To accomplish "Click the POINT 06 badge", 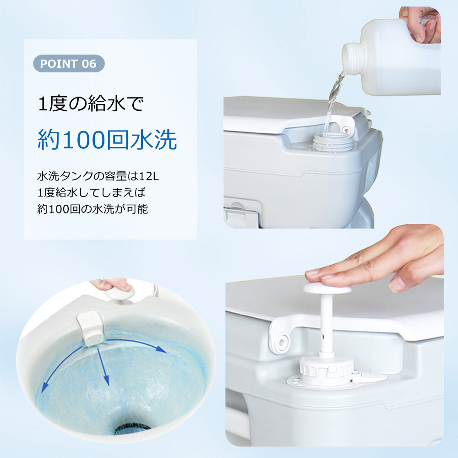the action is pos(69,63).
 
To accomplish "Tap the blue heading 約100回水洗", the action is pos(107,140).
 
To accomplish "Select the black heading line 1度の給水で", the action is pos(91,104).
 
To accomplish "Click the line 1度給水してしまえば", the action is pos(92,192).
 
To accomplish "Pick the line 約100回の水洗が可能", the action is pos(93,209).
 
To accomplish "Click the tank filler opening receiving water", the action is pos(333,141).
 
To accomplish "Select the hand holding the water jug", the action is pos(420,24).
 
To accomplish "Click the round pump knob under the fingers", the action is pos(327,288).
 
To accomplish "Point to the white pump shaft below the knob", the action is pos(326,325).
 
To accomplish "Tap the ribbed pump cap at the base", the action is pos(327,370).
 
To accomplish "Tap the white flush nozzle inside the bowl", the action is pos(90,328).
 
